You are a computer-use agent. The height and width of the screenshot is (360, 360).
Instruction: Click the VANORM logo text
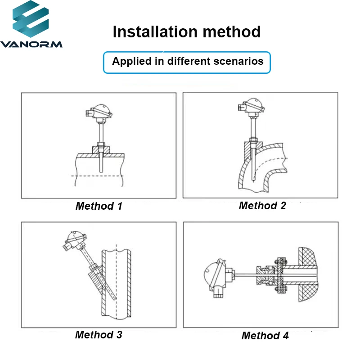click(x=31, y=44)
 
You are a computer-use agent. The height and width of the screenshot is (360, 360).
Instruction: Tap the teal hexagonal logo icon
click(x=31, y=19)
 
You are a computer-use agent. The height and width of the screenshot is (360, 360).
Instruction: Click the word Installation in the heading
click(x=155, y=31)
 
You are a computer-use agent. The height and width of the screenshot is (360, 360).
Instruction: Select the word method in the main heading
click(x=232, y=31)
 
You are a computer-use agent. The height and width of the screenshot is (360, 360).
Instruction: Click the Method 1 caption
click(x=99, y=206)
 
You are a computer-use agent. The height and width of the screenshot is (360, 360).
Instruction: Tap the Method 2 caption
click(x=262, y=206)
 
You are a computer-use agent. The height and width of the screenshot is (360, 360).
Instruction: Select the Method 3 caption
click(x=99, y=334)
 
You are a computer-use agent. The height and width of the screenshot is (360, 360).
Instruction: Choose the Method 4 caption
click(x=265, y=336)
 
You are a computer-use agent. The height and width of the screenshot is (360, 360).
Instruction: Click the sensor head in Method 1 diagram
click(x=99, y=112)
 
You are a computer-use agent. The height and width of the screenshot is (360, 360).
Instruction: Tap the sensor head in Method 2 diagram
click(x=251, y=106)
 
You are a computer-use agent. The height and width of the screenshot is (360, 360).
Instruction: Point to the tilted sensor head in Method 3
click(x=75, y=241)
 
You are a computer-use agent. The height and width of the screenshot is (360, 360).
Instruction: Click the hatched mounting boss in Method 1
click(x=101, y=150)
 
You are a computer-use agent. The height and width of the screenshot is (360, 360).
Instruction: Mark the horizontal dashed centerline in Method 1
click(x=97, y=176)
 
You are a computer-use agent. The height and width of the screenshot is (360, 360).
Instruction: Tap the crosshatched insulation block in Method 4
click(x=308, y=274)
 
